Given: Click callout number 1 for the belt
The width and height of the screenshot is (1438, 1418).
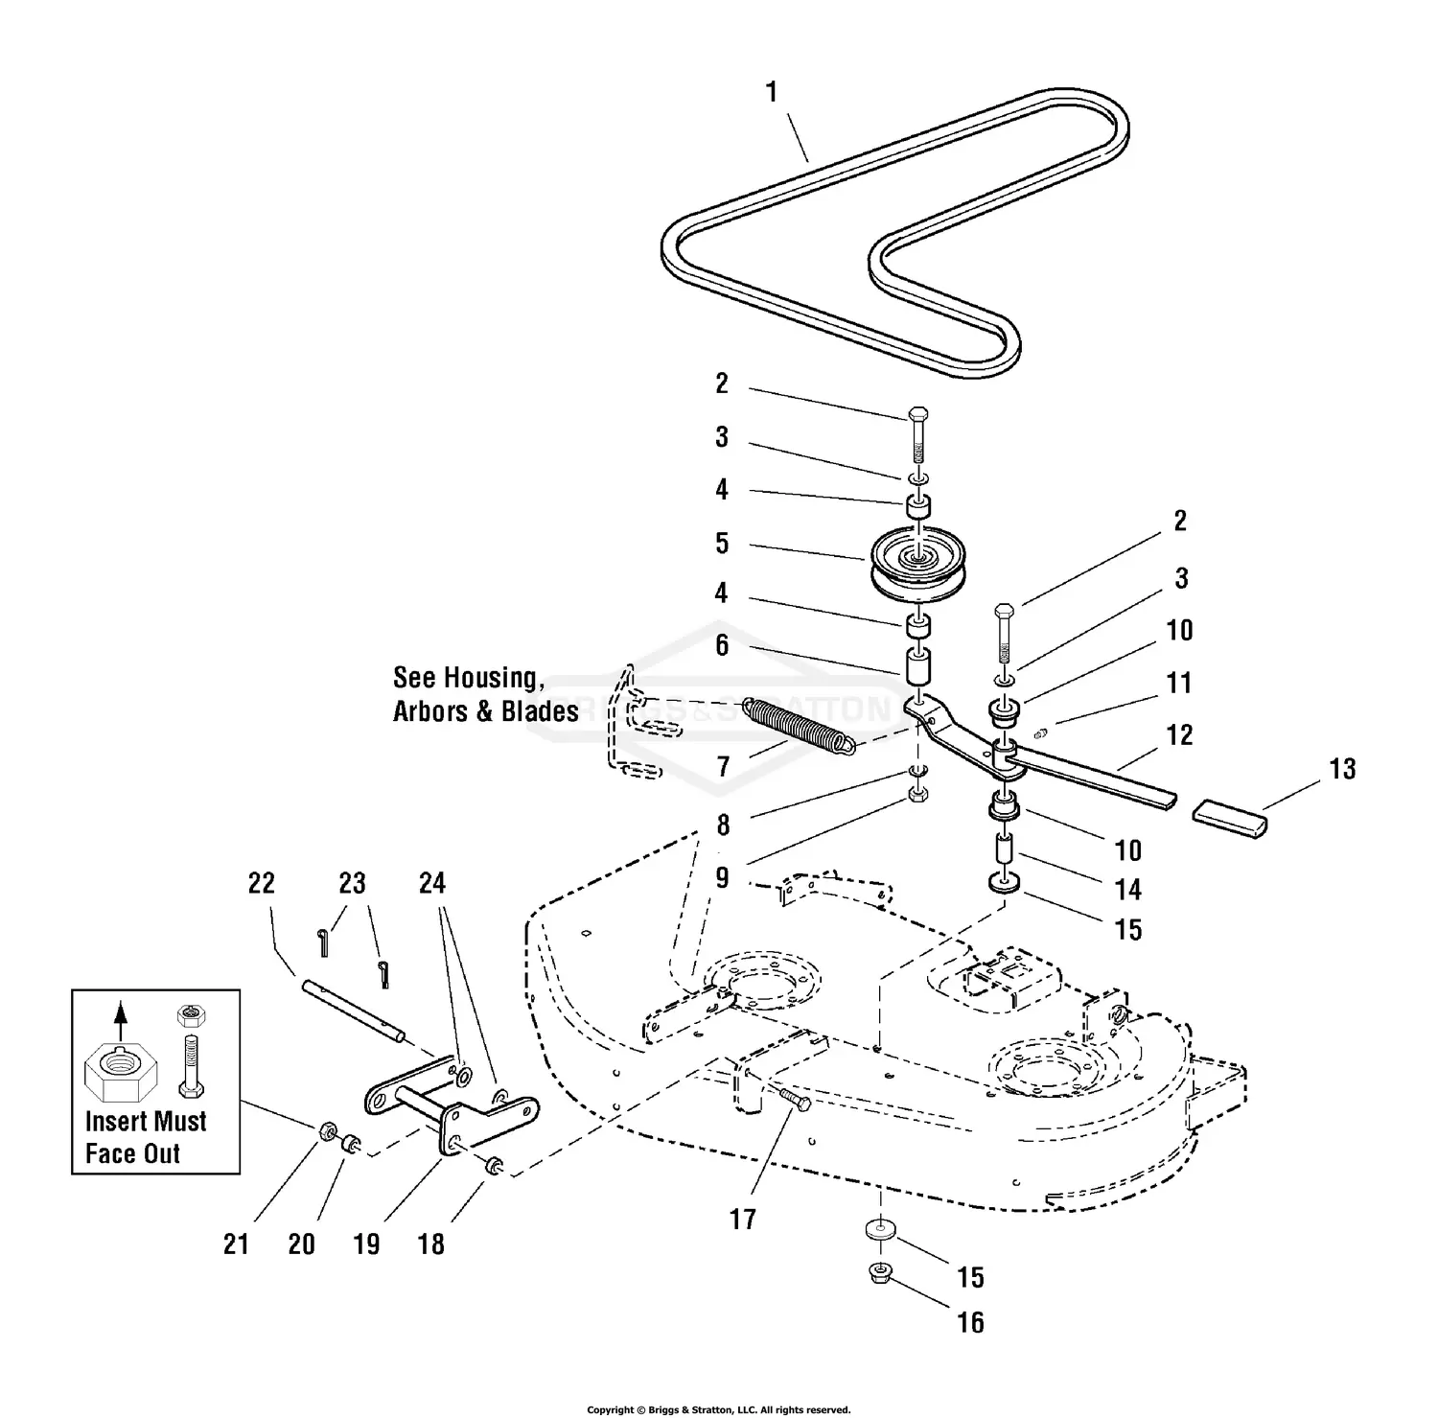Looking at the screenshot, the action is pyautogui.click(x=771, y=93).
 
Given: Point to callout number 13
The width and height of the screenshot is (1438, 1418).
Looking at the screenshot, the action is pyautogui.click(x=1342, y=769).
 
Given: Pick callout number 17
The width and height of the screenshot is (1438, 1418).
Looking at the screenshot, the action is pyautogui.click(x=743, y=1220).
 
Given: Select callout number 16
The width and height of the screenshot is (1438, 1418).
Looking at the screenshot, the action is pyautogui.click(x=970, y=1322).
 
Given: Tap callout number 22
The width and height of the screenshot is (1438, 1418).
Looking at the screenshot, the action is pyautogui.click(x=261, y=883).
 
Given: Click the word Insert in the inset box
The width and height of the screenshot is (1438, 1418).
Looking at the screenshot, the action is pyautogui.click(x=117, y=1121).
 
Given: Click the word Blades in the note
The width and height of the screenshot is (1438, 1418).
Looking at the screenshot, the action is pyautogui.click(x=539, y=711).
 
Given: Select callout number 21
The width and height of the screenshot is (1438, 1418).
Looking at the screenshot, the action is pyautogui.click(x=236, y=1244).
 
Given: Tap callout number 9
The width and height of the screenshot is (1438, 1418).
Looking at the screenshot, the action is pyautogui.click(x=722, y=877).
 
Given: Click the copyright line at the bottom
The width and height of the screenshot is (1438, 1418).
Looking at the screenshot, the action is pyautogui.click(x=719, y=1409).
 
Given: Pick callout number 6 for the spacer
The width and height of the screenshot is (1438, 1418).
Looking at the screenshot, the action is pyautogui.click(x=722, y=645).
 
